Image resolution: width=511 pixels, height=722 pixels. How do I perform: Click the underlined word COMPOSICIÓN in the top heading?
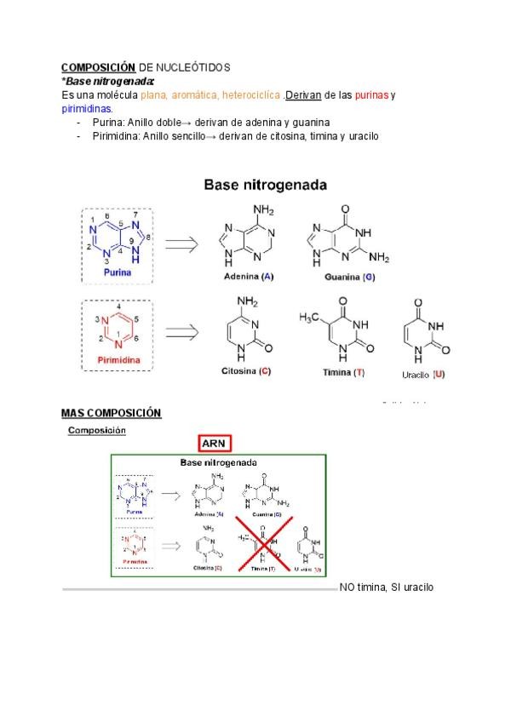[x=98, y=67]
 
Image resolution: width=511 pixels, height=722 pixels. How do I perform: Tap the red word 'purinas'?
[x=370, y=95]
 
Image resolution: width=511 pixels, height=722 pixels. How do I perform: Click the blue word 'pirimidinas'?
[x=87, y=108]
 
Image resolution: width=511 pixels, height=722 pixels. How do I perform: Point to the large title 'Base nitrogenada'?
[x=265, y=184]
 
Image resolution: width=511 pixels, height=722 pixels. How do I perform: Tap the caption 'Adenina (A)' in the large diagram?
[x=248, y=277]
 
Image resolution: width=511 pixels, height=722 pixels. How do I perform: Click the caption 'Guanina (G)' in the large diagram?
[x=350, y=277]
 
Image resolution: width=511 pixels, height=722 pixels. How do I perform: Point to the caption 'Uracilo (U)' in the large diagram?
[x=425, y=374]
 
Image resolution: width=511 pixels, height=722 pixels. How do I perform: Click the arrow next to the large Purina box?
[x=181, y=244]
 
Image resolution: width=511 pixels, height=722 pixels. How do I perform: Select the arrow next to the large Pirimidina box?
[x=181, y=332]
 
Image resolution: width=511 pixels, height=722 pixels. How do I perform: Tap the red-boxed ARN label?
[x=214, y=443]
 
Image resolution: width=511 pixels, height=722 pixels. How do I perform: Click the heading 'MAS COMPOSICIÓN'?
[x=111, y=413]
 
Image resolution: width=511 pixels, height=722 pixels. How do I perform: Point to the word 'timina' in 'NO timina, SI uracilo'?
[x=373, y=587]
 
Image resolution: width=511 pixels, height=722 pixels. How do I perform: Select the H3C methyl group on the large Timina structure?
[x=308, y=318]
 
